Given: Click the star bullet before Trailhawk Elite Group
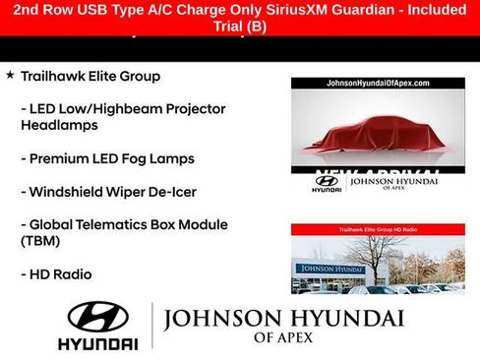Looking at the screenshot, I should coord(10,75).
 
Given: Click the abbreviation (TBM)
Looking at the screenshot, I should coord(41,241).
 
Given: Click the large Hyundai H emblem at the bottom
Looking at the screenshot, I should coord(97,317).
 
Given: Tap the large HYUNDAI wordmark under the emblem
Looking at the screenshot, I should coord(97,344).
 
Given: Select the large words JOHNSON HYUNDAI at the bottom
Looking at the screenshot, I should coord(284,320).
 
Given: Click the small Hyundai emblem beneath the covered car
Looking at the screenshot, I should coord(327,181).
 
